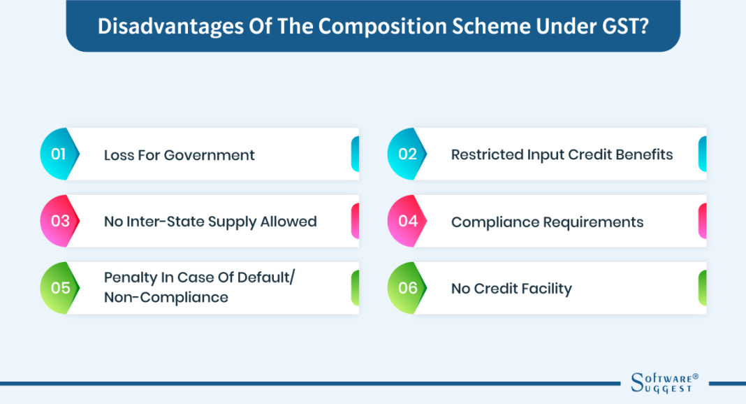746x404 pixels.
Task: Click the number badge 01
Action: (x=59, y=154)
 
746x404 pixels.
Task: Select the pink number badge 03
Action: (x=60, y=222)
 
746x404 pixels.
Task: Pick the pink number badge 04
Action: (x=407, y=222)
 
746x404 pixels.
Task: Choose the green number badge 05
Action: (x=60, y=288)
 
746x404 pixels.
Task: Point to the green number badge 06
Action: (x=407, y=288)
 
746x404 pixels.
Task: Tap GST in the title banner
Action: (x=630, y=26)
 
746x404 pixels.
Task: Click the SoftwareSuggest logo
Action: (x=661, y=383)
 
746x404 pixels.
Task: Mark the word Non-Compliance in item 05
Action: (x=166, y=298)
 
